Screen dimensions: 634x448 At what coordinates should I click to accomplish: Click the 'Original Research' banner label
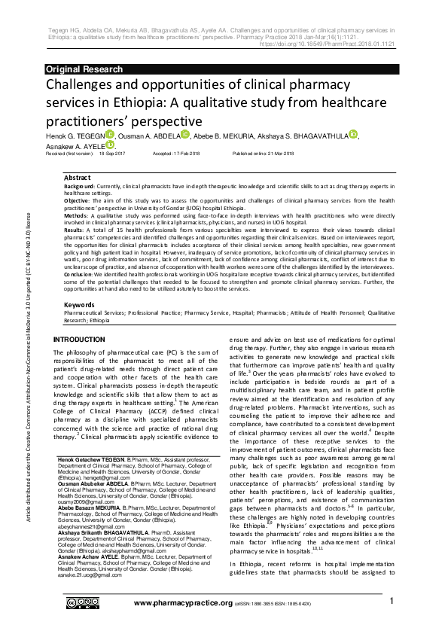(x=84, y=69)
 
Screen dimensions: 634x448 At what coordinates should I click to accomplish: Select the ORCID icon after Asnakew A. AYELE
(x=111, y=145)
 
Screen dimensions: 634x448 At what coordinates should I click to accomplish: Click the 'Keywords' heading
(x=79, y=304)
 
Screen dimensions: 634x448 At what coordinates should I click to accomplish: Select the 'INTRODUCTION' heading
(x=79, y=340)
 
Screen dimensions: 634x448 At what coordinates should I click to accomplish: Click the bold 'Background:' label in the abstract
(x=79, y=185)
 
